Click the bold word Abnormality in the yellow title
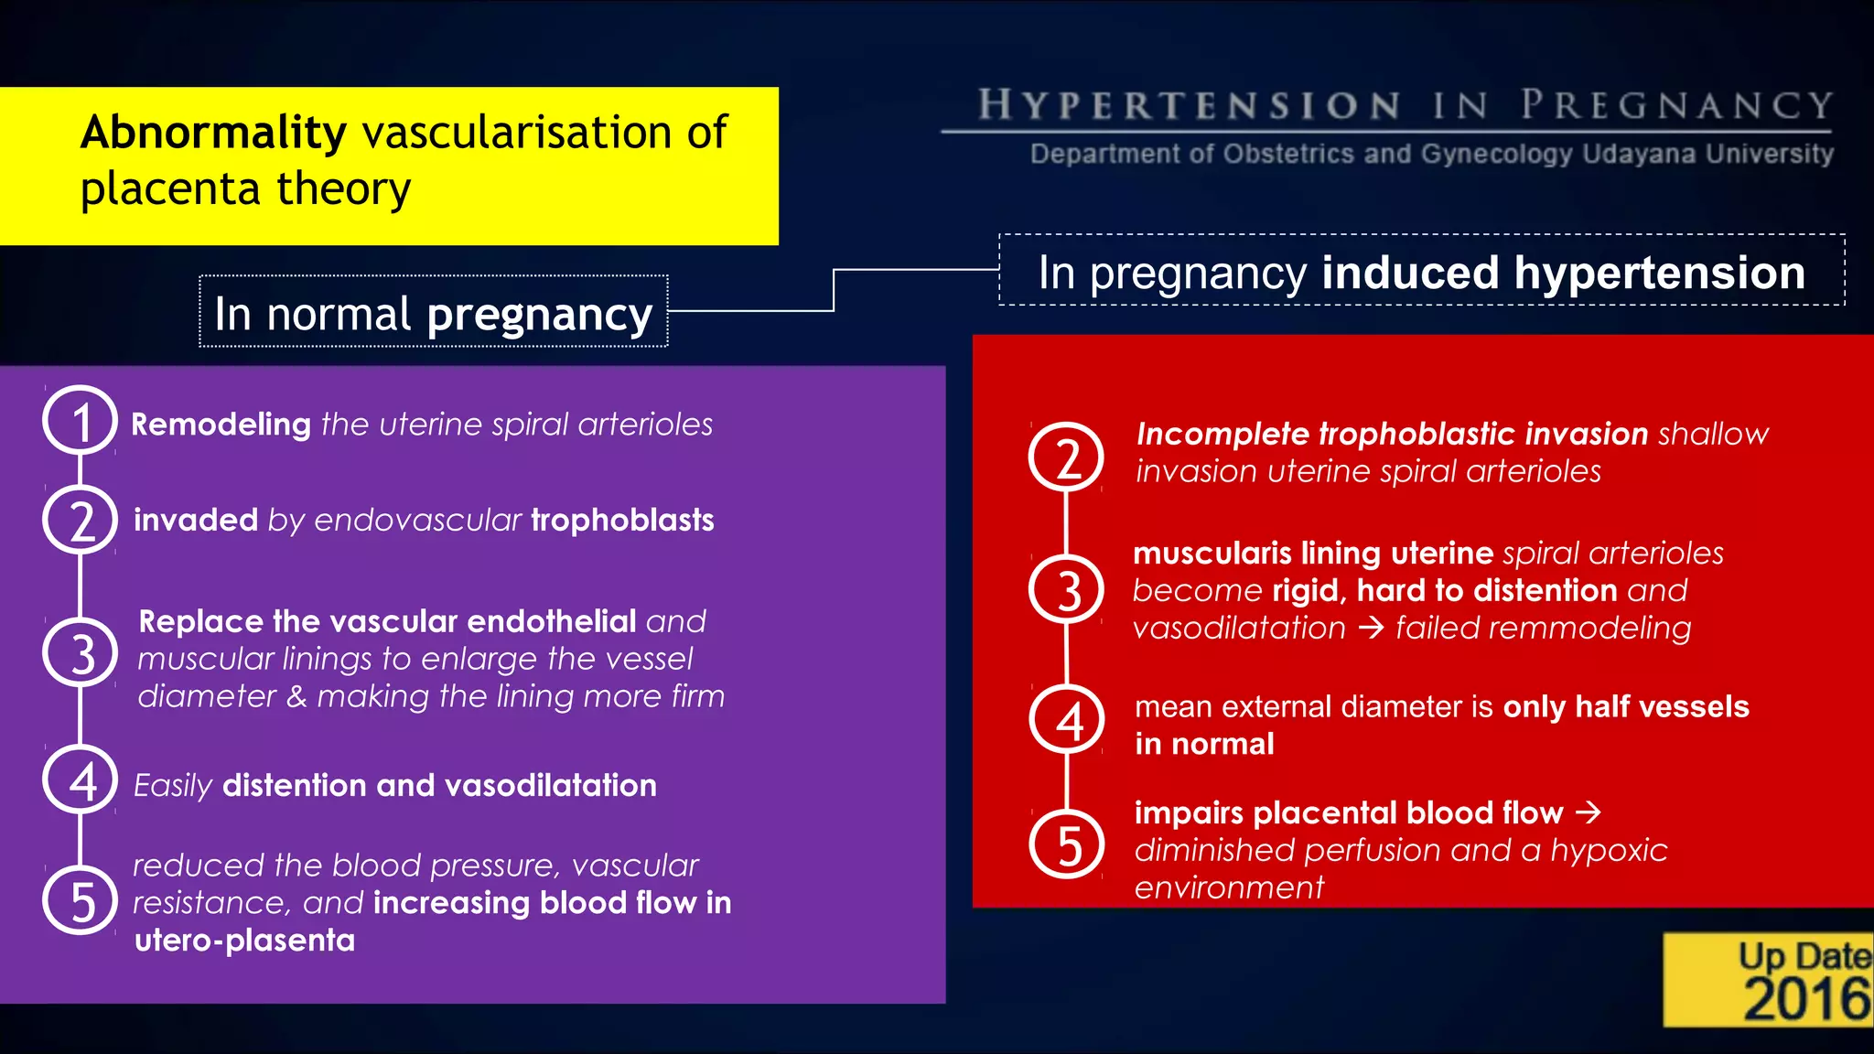[213, 134]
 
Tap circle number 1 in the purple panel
[81, 421]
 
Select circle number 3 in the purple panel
[81, 653]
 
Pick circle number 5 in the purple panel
[81, 900]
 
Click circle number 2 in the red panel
[1067, 457]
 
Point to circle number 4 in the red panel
[1067, 720]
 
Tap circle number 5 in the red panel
[1067, 844]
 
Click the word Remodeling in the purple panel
[221, 425]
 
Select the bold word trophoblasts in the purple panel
[622, 521]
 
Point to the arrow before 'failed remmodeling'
[1371, 628]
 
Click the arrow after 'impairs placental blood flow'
[1589, 812]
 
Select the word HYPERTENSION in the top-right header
[1190, 105]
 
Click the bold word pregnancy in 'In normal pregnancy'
[540, 316]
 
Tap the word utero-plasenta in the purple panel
[244, 941]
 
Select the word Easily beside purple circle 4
[173, 786]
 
